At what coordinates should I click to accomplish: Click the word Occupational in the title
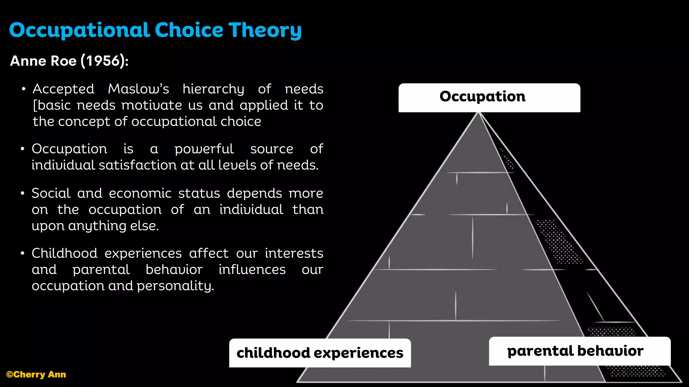79,30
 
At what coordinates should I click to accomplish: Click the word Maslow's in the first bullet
138,89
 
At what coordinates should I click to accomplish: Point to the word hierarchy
213,89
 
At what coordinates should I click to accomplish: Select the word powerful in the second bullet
204,149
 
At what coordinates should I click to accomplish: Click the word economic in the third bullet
140,193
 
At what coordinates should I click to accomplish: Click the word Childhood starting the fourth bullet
64,253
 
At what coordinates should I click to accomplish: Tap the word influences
252,269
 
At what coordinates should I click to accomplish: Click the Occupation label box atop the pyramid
489,97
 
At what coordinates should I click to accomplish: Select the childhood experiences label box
320,353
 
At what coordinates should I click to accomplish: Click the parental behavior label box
579,351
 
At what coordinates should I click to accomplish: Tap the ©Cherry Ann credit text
36,375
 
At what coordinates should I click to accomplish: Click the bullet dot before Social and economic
23,193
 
